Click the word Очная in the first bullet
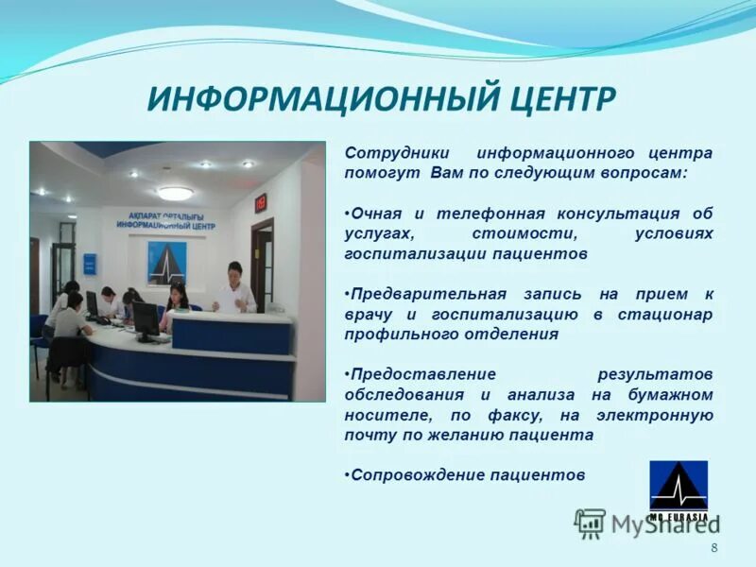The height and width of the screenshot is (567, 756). pos(374,214)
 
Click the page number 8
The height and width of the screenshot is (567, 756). pos(713,548)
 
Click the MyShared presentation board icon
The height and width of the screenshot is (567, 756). pos(591,524)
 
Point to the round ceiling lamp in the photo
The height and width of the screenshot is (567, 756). pos(175,193)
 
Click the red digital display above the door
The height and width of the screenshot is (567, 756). pos(261,202)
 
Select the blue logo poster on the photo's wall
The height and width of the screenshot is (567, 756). pos(166,262)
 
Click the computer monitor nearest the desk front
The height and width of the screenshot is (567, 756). pos(146,321)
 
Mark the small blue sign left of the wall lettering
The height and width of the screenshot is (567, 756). pos(90,264)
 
